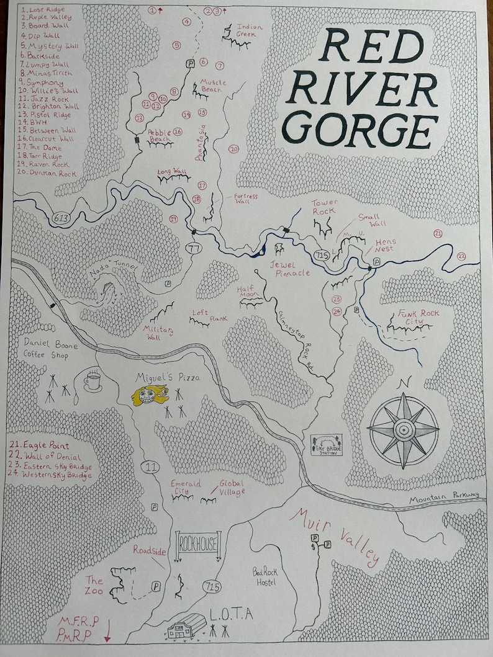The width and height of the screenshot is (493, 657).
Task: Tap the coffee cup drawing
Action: click(x=93, y=380)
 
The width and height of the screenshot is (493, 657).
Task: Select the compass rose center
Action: click(x=403, y=428)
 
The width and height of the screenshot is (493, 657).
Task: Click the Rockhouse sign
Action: click(x=199, y=545)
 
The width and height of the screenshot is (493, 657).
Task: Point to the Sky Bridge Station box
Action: click(x=327, y=445)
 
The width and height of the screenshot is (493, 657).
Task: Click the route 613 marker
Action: click(x=61, y=218)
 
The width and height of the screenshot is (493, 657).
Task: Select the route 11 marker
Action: click(x=149, y=467)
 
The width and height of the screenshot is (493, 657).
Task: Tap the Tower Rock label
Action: click(x=323, y=207)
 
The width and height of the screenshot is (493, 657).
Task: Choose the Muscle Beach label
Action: click(x=214, y=86)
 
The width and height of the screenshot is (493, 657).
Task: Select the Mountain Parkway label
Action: click(x=444, y=495)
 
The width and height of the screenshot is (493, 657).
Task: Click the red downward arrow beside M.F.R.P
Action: click(x=108, y=630)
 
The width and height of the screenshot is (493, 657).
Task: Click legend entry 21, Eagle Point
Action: click(x=42, y=445)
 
